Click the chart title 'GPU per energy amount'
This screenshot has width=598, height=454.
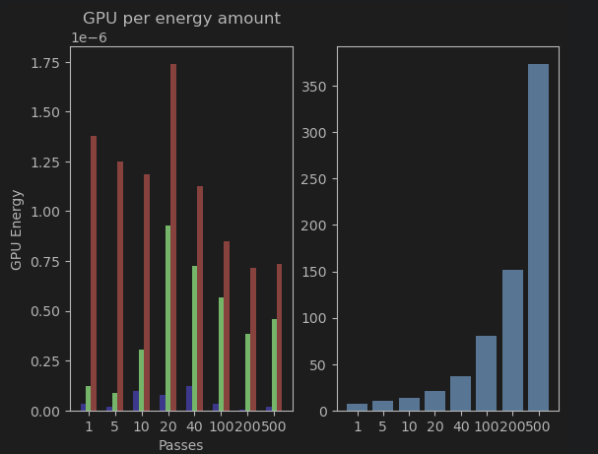pyautogui.click(x=181, y=19)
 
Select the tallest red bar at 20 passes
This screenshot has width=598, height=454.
pyautogui.click(x=173, y=236)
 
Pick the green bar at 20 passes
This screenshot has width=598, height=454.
pyautogui.click(x=168, y=318)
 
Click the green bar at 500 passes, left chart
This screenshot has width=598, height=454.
pyautogui.click(x=274, y=364)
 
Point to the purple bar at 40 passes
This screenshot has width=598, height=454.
pyautogui.click(x=189, y=398)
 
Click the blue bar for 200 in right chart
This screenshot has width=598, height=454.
pyautogui.click(x=512, y=340)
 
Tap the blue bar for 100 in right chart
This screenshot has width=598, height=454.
pyautogui.click(x=487, y=373)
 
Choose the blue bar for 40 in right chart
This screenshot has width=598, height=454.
pyautogui.click(x=460, y=393)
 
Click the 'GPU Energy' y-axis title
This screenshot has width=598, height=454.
pyautogui.click(x=17, y=229)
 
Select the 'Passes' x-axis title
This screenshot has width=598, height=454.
pyautogui.click(x=181, y=445)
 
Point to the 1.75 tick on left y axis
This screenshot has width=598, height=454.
pyautogui.click(x=44, y=63)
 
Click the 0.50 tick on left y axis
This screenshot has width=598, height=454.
pyautogui.click(x=44, y=311)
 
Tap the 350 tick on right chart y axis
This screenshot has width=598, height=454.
pyautogui.click(x=314, y=87)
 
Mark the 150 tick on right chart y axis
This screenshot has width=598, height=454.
pyautogui.click(x=314, y=272)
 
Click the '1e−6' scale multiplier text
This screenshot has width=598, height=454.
pyautogui.click(x=89, y=38)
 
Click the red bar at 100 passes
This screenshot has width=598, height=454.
pyautogui.click(x=227, y=326)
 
